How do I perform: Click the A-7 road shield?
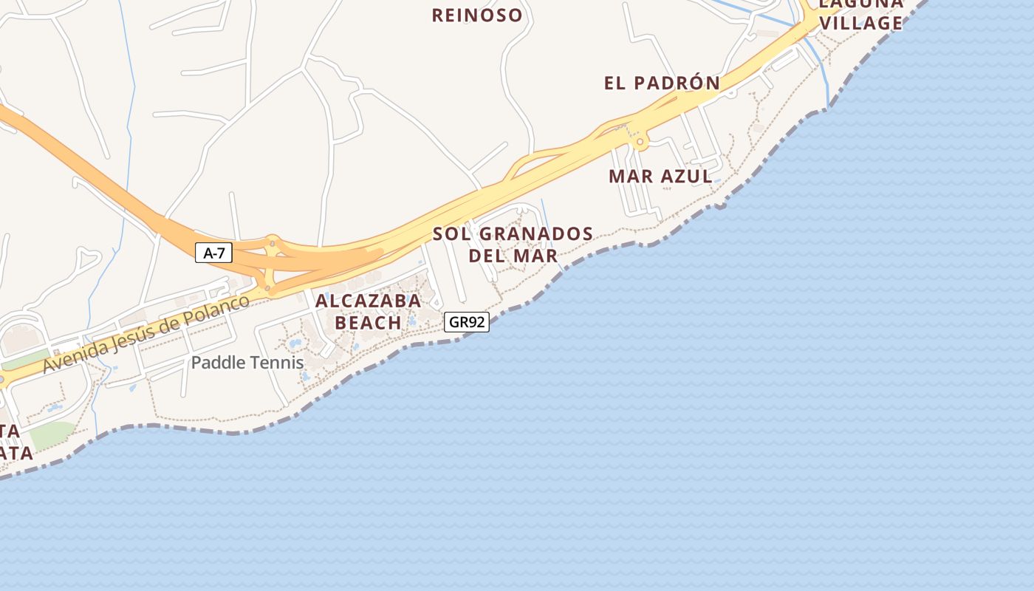tap(213, 253)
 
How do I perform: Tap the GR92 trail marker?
tap(467, 322)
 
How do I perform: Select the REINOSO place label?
tap(477, 15)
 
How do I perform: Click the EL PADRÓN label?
tap(662, 83)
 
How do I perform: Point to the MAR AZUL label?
tap(660, 176)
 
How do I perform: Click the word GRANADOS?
tap(535, 234)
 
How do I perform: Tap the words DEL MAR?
tap(513, 256)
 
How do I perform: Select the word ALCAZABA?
tap(368, 301)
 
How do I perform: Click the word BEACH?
tap(368, 323)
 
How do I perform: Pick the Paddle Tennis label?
tap(247, 363)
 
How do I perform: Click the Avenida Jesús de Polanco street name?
tap(146, 334)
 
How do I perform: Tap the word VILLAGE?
tap(861, 23)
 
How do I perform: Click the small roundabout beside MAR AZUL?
tap(640, 142)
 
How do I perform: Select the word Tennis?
tap(277, 363)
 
